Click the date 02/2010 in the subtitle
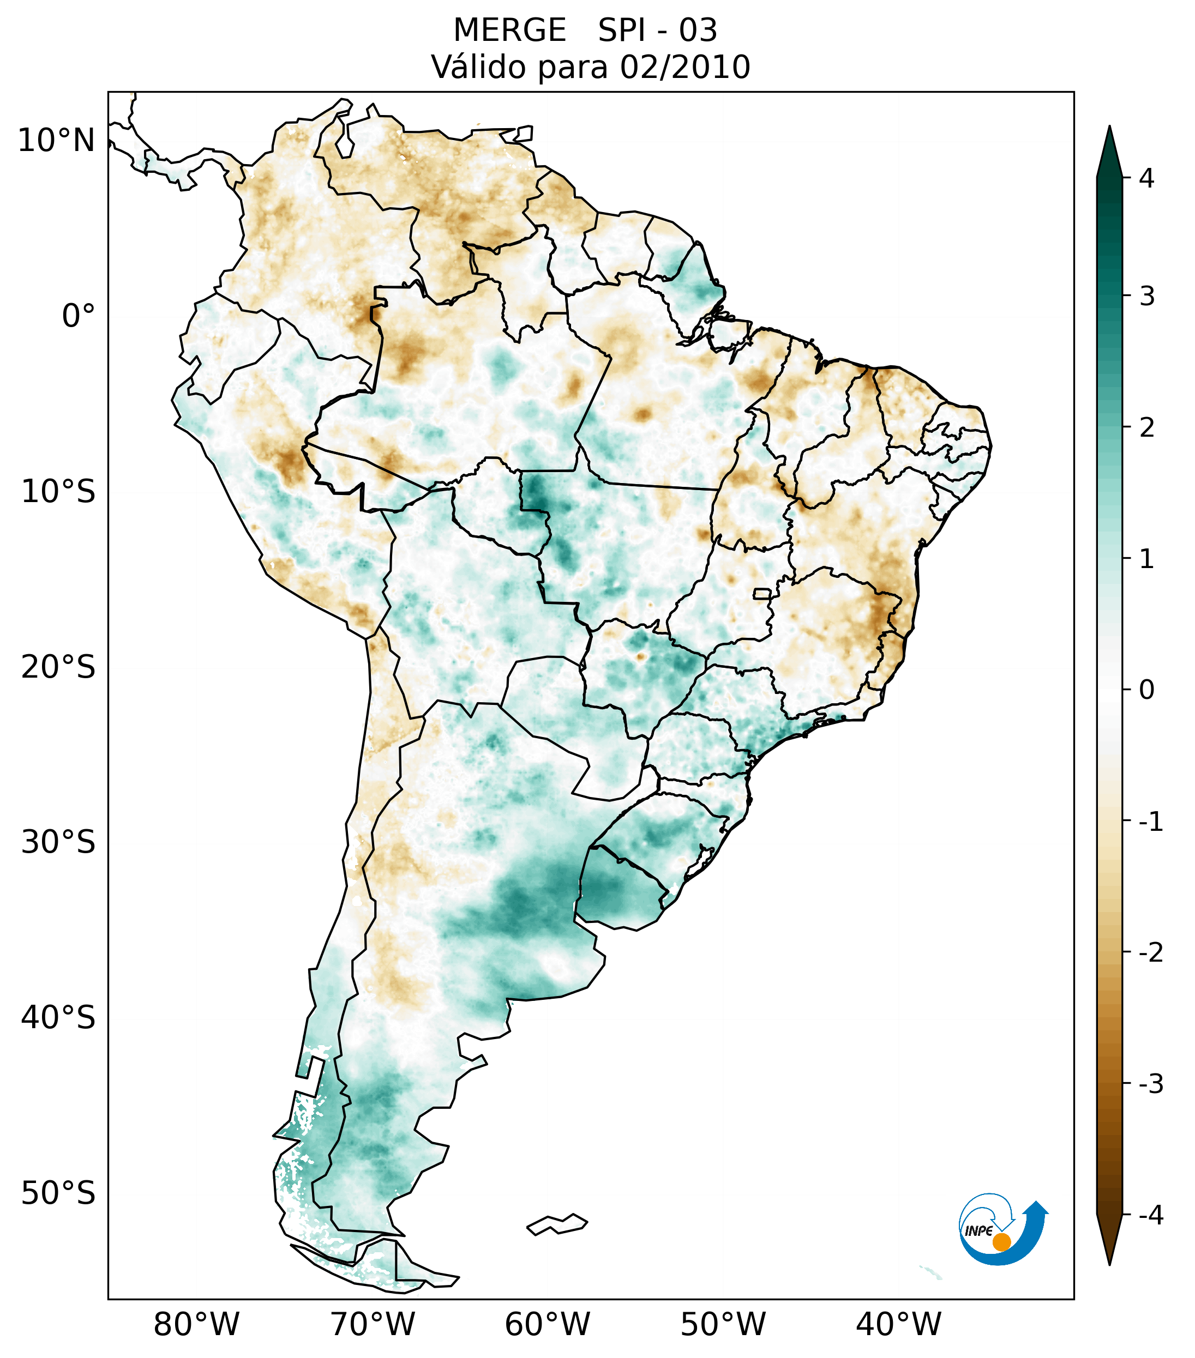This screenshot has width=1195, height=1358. [684, 67]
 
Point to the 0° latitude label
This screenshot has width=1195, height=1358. [79, 316]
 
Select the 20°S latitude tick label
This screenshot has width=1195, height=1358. [58, 667]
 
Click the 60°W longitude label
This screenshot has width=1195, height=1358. [547, 1325]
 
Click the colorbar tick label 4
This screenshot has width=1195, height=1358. [1146, 178]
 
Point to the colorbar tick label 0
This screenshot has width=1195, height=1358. [1146, 690]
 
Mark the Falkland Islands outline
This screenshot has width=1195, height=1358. [557, 1224]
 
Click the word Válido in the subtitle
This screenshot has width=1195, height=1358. [477, 67]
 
